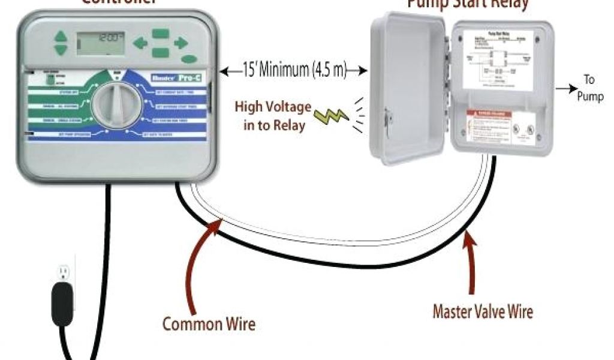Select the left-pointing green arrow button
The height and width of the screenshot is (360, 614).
click(x=140, y=43)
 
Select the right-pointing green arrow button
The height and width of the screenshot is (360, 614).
click(x=180, y=43)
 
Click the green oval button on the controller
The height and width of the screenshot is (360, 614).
click(x=189, y=59)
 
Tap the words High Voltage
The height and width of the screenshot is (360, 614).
click(x=273, y=107)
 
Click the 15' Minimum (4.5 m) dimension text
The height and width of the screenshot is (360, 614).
click(x=294, y=70)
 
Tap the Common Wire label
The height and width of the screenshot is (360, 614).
click(x=209, y=325)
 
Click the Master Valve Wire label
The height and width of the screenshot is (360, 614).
click(x=483, y=312)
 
